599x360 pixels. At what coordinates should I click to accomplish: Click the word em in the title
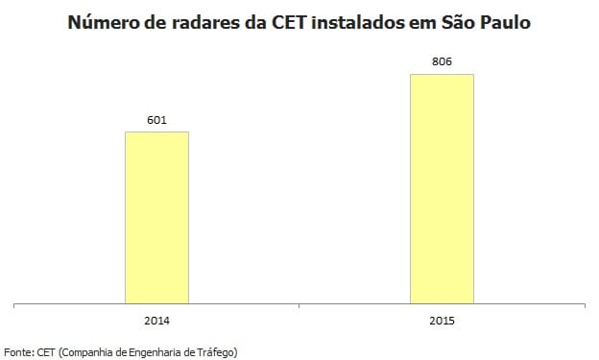[x=430, y=22]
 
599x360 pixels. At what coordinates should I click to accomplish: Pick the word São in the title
[x=467, y=22]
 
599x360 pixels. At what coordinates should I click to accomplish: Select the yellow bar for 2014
[x=156, y=217]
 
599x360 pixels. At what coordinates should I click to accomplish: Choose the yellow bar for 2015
[x=442, y=188]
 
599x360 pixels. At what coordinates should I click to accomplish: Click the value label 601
[x=156, y=120]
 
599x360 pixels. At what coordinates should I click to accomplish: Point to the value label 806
[x=442, y=62]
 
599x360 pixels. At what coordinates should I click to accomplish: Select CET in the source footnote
[x=47, y=351]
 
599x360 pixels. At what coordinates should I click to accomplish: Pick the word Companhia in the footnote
[x=93, y=351]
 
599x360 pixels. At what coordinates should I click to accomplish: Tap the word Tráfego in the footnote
[x=215, y=351]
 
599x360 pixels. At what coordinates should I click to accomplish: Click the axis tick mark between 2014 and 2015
[x=299, y=306]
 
